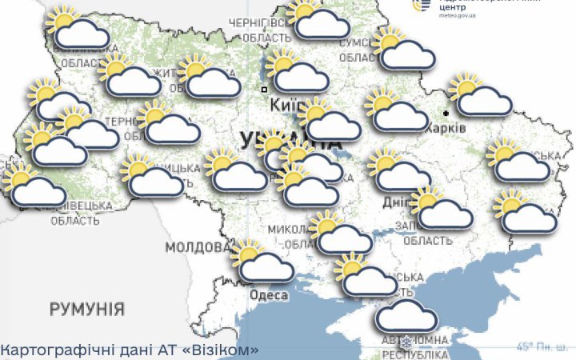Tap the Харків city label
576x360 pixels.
[445, 127]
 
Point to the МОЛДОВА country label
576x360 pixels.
[194, 246]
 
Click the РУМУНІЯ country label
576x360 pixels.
[86, 309]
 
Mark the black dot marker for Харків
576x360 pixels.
[446, 114]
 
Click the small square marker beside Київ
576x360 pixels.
[264, 90]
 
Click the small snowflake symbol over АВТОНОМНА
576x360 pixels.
[406, 342]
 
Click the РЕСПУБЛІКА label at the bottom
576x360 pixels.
[414, 354]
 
